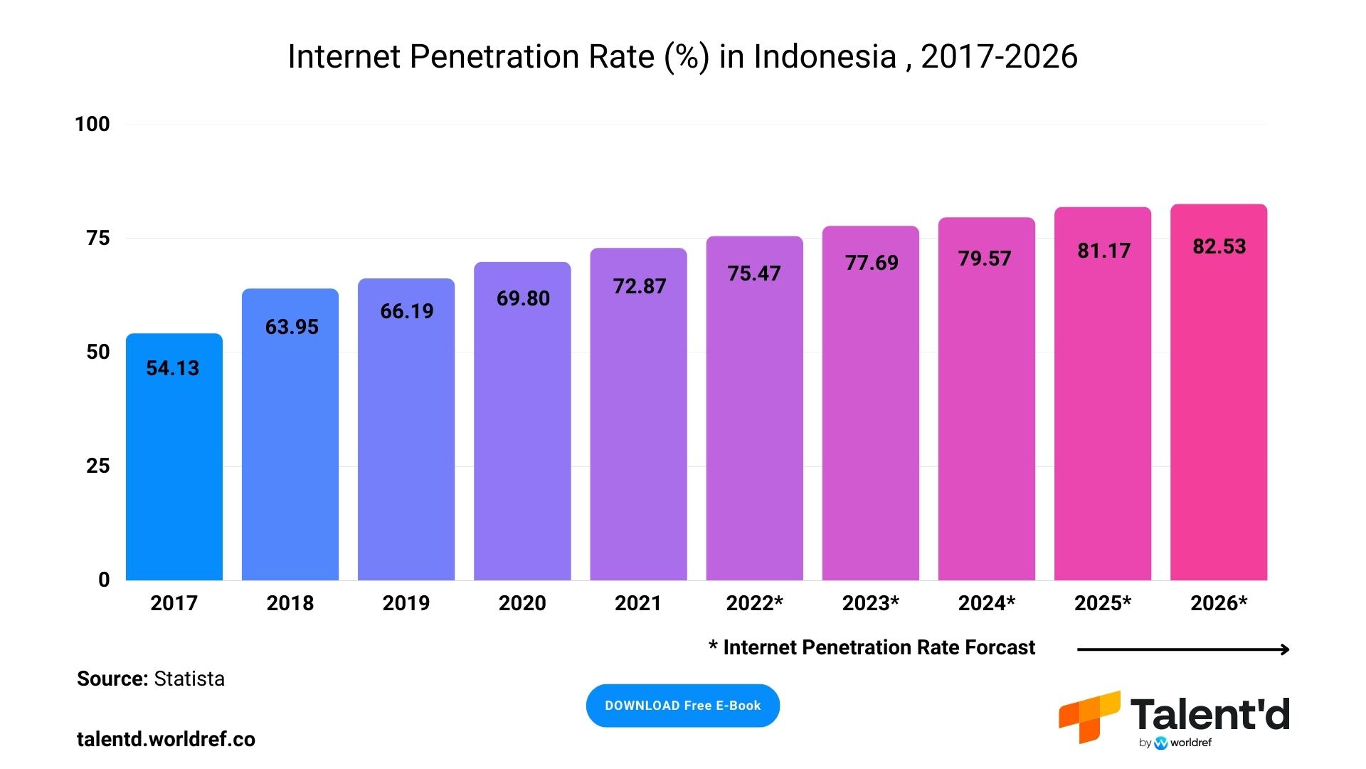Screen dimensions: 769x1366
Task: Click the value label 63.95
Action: coord(292,327)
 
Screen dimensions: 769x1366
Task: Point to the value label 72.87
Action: coord(640,286)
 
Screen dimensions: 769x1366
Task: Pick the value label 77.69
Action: coord(872,263)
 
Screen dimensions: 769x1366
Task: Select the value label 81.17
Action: coord(1103,251)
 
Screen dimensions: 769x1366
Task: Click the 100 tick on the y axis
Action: coord(92,124)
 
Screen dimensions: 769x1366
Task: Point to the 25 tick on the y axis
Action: coord(98,466)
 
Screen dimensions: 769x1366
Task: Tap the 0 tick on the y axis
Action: coord(104,580)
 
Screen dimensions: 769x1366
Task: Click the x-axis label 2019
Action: coord(406,603)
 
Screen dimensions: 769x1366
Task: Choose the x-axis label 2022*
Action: coord(754,603)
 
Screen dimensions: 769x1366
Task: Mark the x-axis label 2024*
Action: coord(986,603)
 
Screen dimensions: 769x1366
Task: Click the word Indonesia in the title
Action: coord(825,57)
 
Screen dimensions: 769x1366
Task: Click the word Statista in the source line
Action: coord(189,679)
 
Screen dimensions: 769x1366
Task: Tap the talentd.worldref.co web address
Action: coord(166,739)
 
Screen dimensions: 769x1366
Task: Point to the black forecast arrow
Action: coord(1182,649)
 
